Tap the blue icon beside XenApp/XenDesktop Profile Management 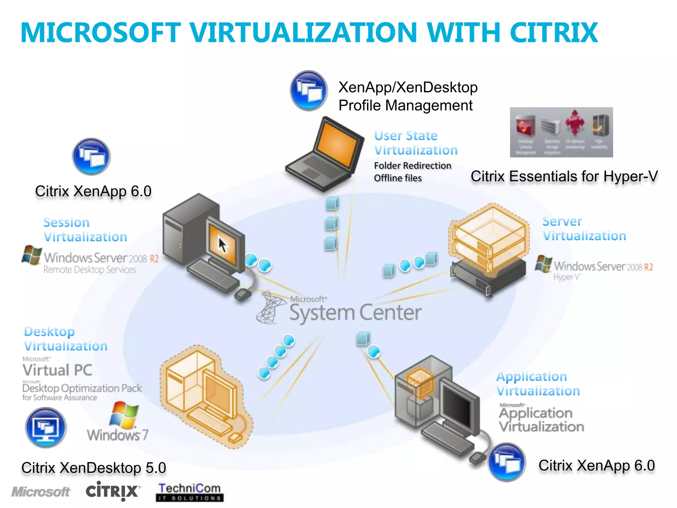(309, 90)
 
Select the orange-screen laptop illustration (326, 154)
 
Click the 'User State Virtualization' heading (416, 143)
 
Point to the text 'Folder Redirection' (413, 165)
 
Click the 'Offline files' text (398, 178)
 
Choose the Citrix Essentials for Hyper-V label (564, 176)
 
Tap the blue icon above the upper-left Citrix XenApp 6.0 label (91, 156)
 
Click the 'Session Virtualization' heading (85, 230)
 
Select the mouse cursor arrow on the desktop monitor (223, 245)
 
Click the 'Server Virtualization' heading (584, 229)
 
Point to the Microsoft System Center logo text (355, 312)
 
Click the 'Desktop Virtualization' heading (65, 339)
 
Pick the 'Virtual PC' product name (57, 370)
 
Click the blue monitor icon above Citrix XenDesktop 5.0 (46, 427)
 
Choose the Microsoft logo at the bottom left (41, 492)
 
